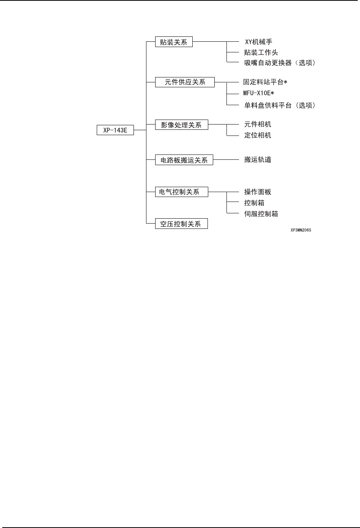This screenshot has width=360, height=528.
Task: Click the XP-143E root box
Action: [115, 130]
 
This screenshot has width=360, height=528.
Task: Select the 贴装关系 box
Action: [174, 42]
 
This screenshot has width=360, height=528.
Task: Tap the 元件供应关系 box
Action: [185, 82]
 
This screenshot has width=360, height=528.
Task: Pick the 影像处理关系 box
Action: [181, 125]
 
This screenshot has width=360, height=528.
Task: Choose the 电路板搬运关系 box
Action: [184, 160]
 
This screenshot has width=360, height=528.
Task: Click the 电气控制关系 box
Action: [182, 192]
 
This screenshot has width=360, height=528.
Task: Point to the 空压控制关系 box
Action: [181, 224]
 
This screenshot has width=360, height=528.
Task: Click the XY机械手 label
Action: [258, 42]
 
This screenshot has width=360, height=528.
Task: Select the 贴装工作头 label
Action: [261, 52]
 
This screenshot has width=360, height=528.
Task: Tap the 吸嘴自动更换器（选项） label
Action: [280, 63]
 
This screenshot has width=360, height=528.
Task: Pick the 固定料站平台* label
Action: [265, 82]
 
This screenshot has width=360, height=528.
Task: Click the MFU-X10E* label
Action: [259, 93]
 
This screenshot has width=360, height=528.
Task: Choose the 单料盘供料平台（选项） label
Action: [280, 106]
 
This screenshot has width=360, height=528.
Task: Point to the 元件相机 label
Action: [258, 125]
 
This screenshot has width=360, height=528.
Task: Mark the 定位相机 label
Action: [258, 135]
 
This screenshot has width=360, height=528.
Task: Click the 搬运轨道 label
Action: [258, 160]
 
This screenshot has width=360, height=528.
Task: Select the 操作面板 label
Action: [258, 192]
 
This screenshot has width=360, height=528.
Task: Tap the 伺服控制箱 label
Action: [261, 214]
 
